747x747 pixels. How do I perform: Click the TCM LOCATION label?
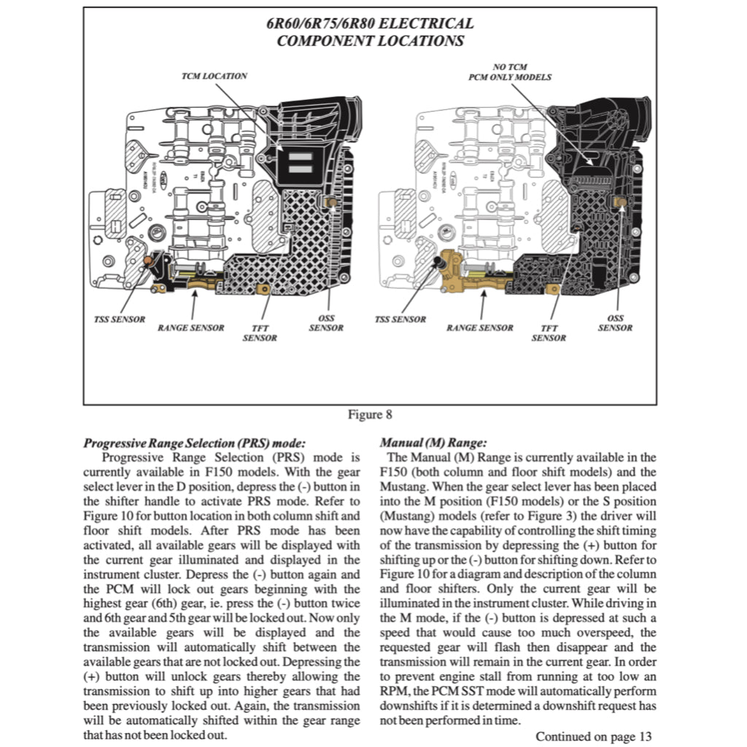214,76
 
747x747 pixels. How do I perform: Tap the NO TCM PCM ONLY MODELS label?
509,71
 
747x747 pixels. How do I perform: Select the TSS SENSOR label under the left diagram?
118,320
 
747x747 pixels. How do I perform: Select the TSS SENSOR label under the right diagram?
400,320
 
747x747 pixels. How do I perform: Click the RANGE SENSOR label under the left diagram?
191,328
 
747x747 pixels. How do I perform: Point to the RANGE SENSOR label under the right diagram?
480,328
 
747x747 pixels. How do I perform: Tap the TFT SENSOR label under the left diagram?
260,333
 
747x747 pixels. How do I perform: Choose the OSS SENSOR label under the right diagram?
615,323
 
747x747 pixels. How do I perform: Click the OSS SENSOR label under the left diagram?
325,323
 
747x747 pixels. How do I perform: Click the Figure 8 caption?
370,415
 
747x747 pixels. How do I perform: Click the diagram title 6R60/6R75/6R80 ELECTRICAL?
370,24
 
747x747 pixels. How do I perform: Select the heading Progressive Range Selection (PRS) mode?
194,443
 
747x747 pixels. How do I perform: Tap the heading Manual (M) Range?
433,443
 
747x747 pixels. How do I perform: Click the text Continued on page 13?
593,736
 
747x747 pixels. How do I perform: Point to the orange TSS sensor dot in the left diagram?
147,260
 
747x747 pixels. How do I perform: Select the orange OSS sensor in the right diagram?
622,201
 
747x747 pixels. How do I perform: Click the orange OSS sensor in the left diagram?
330,201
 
